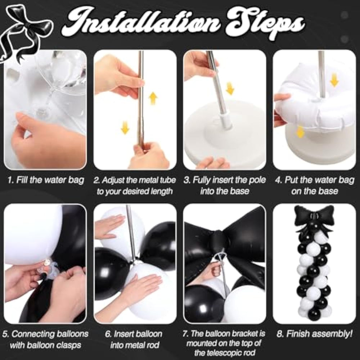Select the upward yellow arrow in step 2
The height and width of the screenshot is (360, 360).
(153, 98)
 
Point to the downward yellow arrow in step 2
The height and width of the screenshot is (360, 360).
(125, 127)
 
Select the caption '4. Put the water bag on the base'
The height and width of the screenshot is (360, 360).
(315, 185)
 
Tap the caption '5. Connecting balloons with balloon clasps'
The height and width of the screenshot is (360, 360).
(45, 339)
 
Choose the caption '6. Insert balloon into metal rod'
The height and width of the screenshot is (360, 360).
(134, 339)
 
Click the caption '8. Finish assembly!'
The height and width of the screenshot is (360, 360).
(314, 334)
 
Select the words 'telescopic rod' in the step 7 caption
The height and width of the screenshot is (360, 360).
(232, 352)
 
